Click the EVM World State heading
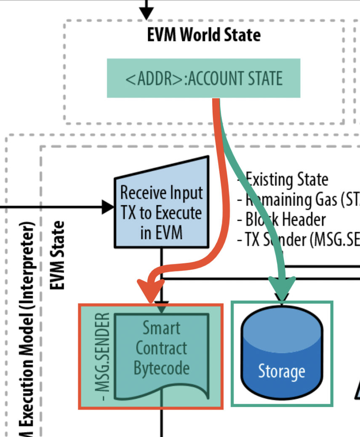(x=204, y=35)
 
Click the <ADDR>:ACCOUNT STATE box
(x=203, y=78)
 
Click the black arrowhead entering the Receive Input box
(x=108, y=206)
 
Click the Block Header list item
(x=281, y=220)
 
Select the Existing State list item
(x=283, y=180)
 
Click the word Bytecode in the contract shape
(x=161, y=368)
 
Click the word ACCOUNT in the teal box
(x=213, y=79)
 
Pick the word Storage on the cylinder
(x=281, y=372)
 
